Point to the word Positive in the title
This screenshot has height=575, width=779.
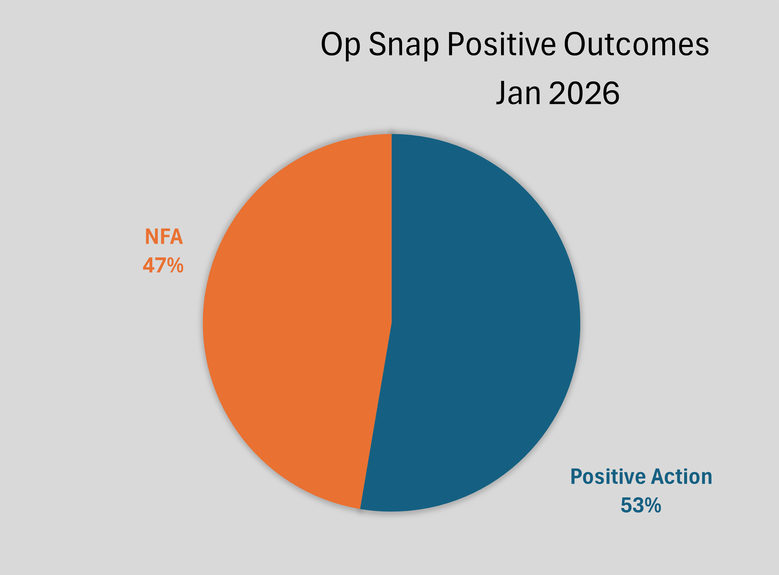501,45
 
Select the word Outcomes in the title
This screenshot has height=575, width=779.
636,45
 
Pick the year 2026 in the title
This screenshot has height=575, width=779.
584,93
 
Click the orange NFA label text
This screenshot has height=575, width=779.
163,237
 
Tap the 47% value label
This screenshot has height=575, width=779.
163,265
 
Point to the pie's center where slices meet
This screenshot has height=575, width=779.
392,323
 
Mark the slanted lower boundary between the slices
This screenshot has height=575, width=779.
376,416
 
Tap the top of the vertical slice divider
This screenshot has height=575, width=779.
392,135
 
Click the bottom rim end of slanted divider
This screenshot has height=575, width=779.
360,508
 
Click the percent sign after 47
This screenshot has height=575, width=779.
175,265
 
